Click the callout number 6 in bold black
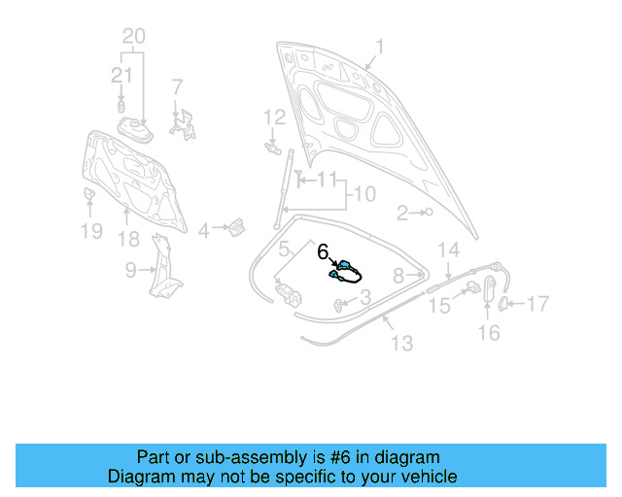click(324, 250)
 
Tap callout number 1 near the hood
click(380, 46)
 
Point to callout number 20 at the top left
click(134, 37)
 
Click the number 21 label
click(121, 75)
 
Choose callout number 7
click(177, 87)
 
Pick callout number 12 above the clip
click(274, 118)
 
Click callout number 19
click(90, 231)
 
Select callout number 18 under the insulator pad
click(128, 239)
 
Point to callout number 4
click(203, 231)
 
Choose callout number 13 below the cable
click(401, 343)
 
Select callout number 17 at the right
click(536, 304)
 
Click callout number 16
click(489, 333)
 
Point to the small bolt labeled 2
click(428, 212)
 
